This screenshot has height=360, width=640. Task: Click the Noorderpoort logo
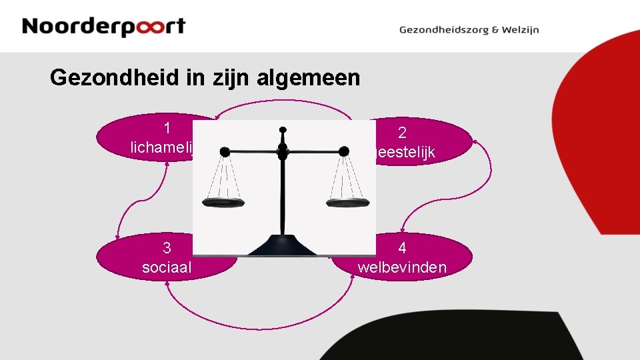pyautogui.click(x=103, y=27)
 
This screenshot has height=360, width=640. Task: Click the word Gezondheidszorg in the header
pyautogui.click(x=443, y=30)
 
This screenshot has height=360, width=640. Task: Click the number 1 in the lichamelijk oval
pyautogui.click(x=167, y=127)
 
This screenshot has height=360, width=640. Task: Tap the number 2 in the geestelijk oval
pyautogui.click(x=402, y=133)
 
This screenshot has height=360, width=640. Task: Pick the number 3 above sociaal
pyautogui.click(x=167, y=248)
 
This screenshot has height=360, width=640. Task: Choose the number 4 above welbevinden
pyautogui.click(x=402, y=248)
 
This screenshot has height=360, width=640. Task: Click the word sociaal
pyautogui.click(x=167, y=267)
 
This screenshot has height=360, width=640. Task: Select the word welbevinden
pyautogui.click(x=402, y=267)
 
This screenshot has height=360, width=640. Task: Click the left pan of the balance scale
pyautogui.click(x=223, y=203)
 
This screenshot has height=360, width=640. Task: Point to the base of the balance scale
pyautogui.click(x=283, y=246)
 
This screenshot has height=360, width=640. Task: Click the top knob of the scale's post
pyautogui.click(x=283, y=129)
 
